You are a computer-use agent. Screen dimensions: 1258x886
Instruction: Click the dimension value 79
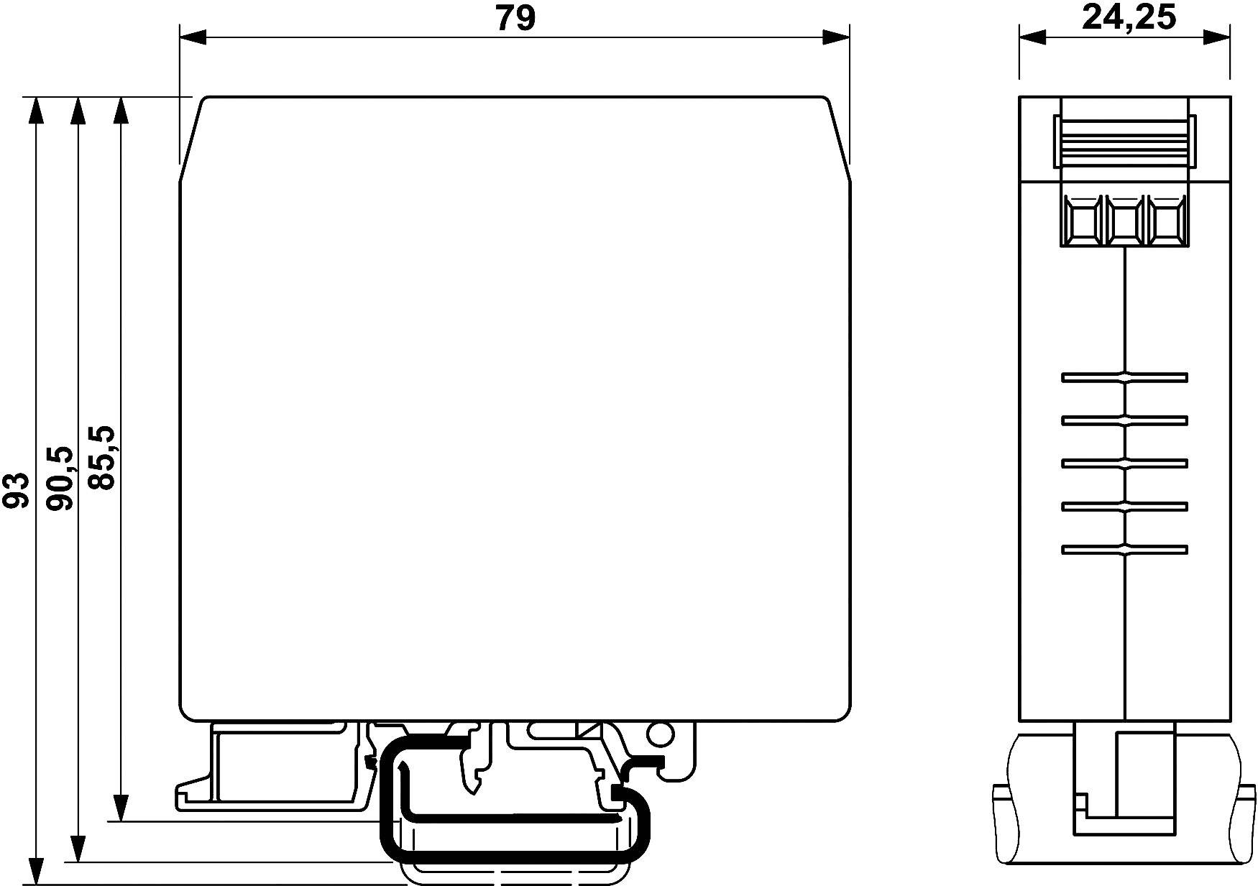[x=515, y=18]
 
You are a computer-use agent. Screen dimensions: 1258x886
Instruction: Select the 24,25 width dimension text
[x=1129, y=18]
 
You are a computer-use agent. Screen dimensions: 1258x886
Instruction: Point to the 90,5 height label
[x=60, y=478]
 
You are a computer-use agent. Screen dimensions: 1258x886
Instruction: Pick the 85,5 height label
[x=101, y=458]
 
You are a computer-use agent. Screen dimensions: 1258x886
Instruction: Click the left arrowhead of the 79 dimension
[x=193, y=37]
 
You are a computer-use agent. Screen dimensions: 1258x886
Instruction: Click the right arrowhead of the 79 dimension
[x=837, y=37]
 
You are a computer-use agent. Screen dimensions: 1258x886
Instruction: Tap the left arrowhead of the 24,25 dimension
[x=1032, y=37]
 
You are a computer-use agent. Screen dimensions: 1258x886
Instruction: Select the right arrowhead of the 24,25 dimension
[x=1217, y=37]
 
